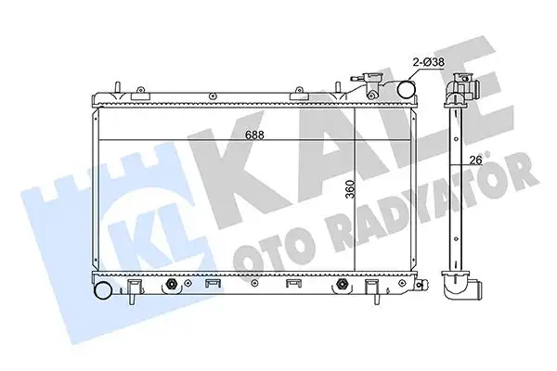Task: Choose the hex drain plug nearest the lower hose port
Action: (x=171, y=286)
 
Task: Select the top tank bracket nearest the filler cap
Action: (x=302, y=93)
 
